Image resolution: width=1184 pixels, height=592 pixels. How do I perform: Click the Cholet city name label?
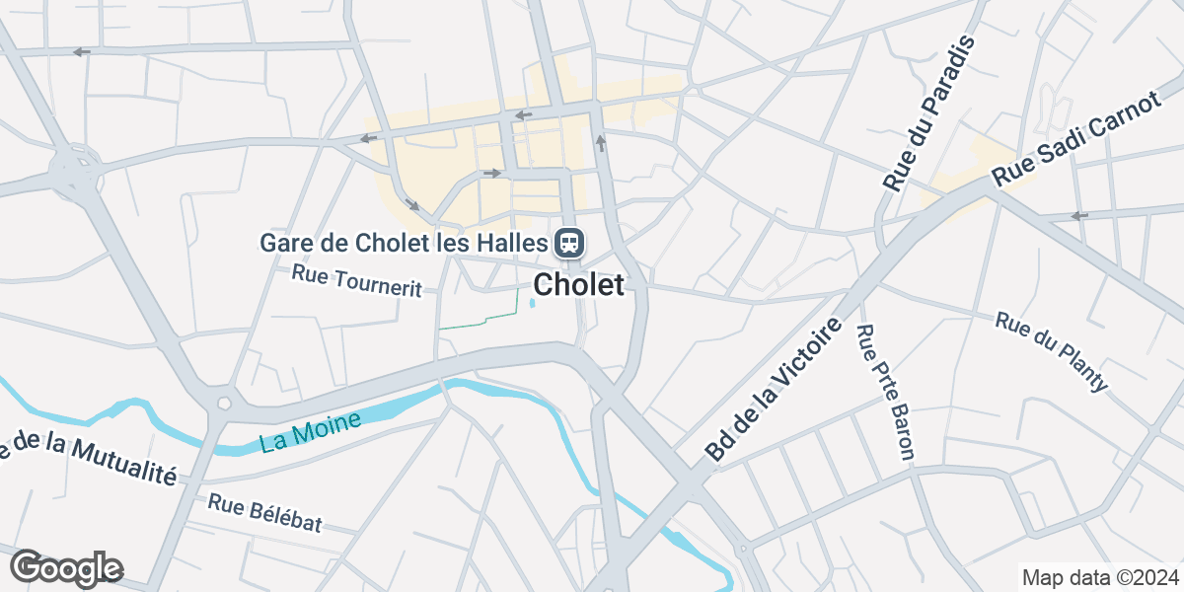(579, 285)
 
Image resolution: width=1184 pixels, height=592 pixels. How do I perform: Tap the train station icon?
(569, 242)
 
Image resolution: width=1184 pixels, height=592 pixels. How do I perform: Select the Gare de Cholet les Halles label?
(403, 242)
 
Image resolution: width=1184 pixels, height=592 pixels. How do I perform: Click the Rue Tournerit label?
(356, 280)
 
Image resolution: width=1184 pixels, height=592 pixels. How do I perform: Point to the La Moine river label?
(311, 432)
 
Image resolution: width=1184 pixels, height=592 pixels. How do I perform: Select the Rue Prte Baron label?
(885, 393)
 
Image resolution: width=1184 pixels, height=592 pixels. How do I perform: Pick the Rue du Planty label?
(1052, 351)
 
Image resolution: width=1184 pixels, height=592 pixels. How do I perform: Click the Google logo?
(66, 568)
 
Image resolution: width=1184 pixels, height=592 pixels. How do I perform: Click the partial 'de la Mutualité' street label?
(89, 456)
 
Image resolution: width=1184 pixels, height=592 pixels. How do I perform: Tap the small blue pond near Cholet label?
(533, 303)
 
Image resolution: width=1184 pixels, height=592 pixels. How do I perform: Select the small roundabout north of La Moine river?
(224, 403)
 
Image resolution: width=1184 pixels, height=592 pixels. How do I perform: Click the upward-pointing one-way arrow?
(600, 144)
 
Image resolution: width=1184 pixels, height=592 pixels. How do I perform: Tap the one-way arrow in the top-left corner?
(81, 51)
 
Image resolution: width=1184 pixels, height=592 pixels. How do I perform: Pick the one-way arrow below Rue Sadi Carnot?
(1079, 216)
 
